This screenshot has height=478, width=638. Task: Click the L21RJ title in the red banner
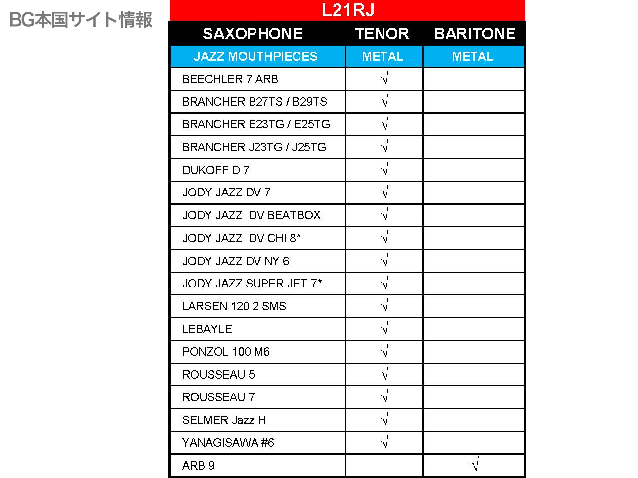[348, 10]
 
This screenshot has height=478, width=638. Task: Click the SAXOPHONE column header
[253, 34]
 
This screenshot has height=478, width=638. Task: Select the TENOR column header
[382, 34]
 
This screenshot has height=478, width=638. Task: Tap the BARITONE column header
[474, 34]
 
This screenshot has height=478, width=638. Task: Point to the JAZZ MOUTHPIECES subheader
[255, 57]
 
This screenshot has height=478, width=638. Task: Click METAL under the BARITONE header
[472, 57]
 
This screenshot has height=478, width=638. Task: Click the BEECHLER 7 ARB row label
[230, 79]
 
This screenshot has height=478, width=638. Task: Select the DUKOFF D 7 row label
[216, 170]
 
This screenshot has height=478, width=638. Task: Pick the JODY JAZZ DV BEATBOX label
[252, 215]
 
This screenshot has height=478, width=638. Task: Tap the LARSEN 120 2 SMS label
[234, 306]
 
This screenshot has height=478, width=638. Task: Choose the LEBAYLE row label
[207, 329]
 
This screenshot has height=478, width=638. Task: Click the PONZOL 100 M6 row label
[226, 352]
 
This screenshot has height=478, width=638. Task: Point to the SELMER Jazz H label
[224, 420]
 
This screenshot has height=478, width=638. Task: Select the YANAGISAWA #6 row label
[228, 443]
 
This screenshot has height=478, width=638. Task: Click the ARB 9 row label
[198, 466]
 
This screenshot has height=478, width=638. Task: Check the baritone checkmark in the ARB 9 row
[475, 465]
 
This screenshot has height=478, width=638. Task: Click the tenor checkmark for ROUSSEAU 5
[384, 374]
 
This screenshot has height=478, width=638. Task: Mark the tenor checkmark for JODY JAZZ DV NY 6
[384, 260]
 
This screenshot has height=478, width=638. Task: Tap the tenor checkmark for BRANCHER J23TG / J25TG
[384, 147]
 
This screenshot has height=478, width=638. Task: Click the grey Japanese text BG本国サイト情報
[81, 20]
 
